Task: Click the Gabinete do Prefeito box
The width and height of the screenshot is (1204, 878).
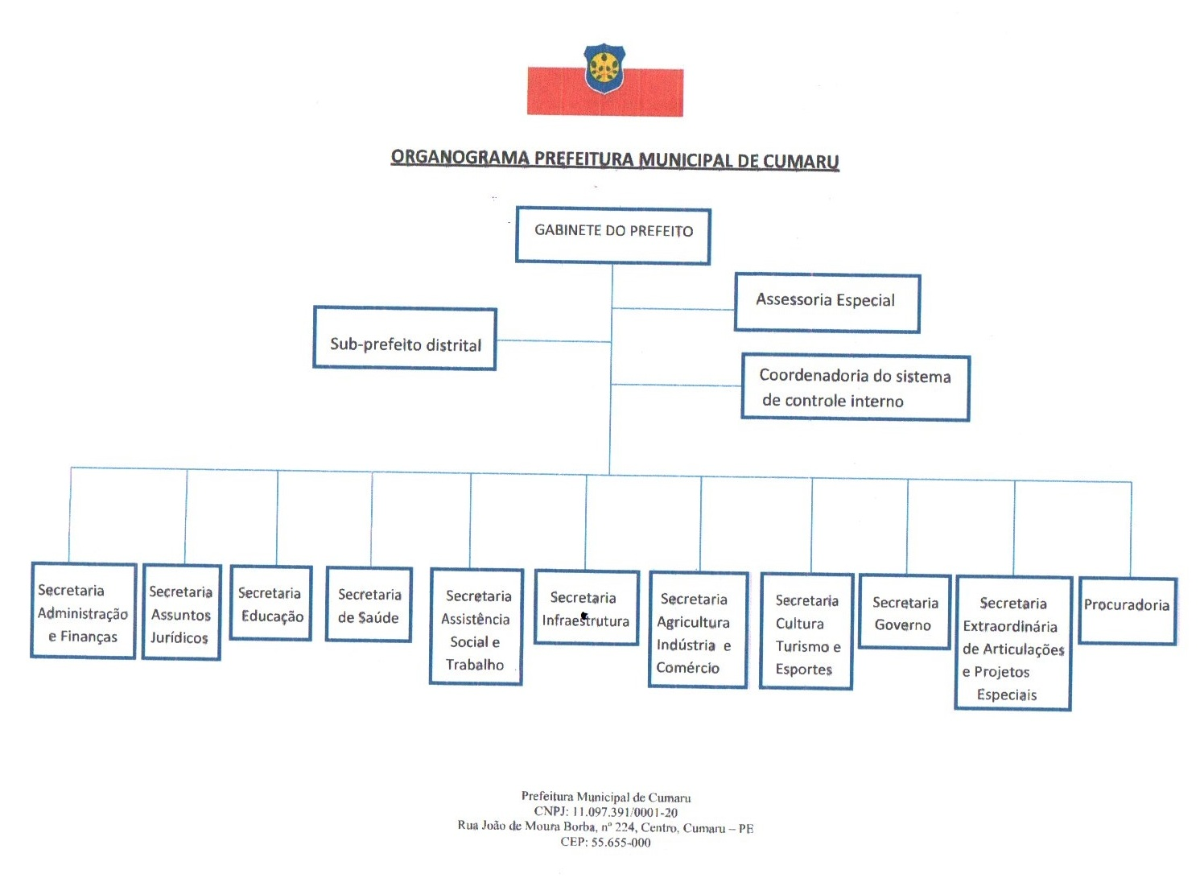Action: (612, 235)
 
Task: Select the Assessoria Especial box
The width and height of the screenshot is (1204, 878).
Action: (827, 303)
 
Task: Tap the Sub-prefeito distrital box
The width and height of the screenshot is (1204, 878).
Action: (405, 339)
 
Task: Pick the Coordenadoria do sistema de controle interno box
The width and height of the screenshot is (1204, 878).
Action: (855, 388)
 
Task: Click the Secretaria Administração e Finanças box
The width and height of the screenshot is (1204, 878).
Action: (83, 611)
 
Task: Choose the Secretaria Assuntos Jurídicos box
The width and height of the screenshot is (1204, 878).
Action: (181, 612)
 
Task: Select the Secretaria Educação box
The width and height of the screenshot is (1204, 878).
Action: (270, 603)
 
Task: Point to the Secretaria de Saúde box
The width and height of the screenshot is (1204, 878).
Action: (369, 604)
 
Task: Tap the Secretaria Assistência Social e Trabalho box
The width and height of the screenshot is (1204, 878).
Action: (476, 626)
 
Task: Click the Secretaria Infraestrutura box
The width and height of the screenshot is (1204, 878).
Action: (586, 608)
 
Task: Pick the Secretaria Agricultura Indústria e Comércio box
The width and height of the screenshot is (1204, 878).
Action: (698, 629)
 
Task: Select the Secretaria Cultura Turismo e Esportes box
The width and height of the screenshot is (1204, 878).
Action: (806, 632)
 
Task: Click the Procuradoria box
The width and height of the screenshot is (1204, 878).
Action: (1127, 610)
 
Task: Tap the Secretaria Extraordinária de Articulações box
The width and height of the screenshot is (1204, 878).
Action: (1012, 643)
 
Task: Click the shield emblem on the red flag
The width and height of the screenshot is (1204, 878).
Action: (604, 68)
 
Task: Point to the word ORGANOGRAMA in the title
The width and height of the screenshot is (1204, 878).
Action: (460, 157)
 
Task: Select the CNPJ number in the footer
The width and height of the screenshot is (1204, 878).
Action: (625, 813)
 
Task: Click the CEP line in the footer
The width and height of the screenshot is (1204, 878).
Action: (605, 843)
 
